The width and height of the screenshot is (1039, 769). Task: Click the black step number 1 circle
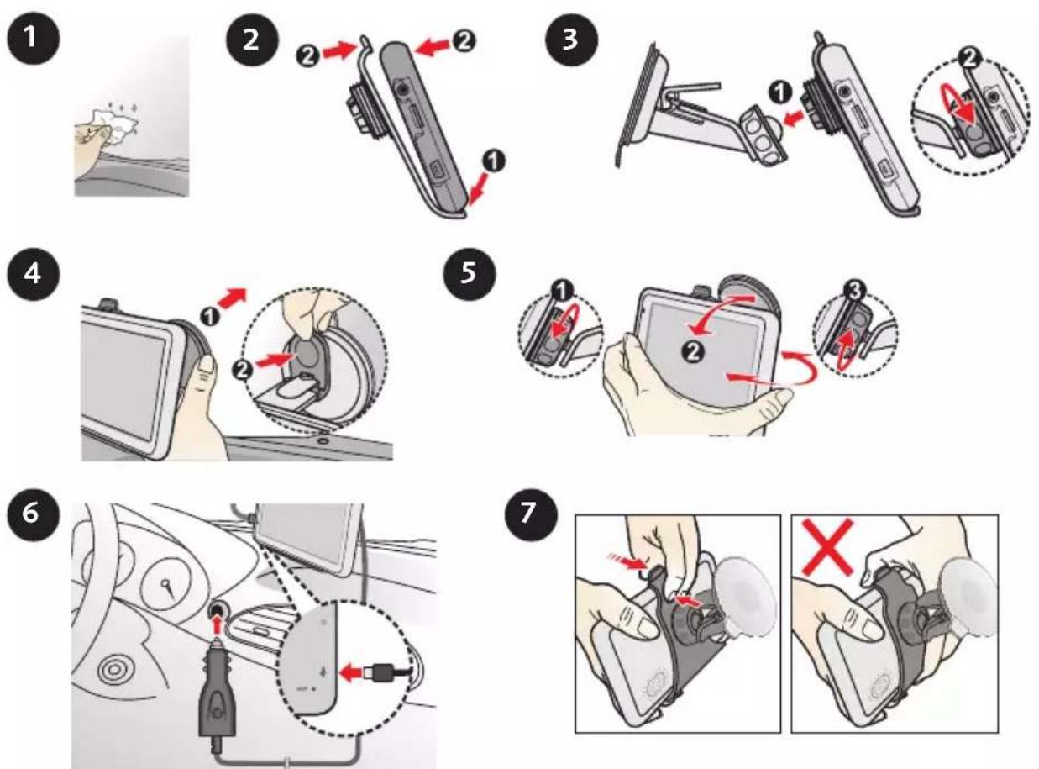click(x=33, y=38)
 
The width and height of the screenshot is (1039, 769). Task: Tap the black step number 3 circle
click(x=571, y=40)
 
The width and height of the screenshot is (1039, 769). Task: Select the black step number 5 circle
click(x=469, y=273)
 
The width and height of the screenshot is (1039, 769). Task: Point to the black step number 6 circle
click(x=33, y=513)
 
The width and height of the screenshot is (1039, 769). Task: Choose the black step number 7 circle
click(x=531, y=513)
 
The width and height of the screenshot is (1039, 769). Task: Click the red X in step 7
click(x=827, y=547)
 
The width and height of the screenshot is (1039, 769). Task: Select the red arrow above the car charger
click(x=216, y=626)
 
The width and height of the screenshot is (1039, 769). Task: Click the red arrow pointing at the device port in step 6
click(x=352, y=673)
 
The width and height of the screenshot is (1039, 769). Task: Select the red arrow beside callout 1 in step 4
click(x=233, y=298)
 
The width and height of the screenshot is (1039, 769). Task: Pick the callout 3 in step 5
click(x=855, y=291)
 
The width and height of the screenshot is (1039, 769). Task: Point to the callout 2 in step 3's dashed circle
click(x=968, y=58)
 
